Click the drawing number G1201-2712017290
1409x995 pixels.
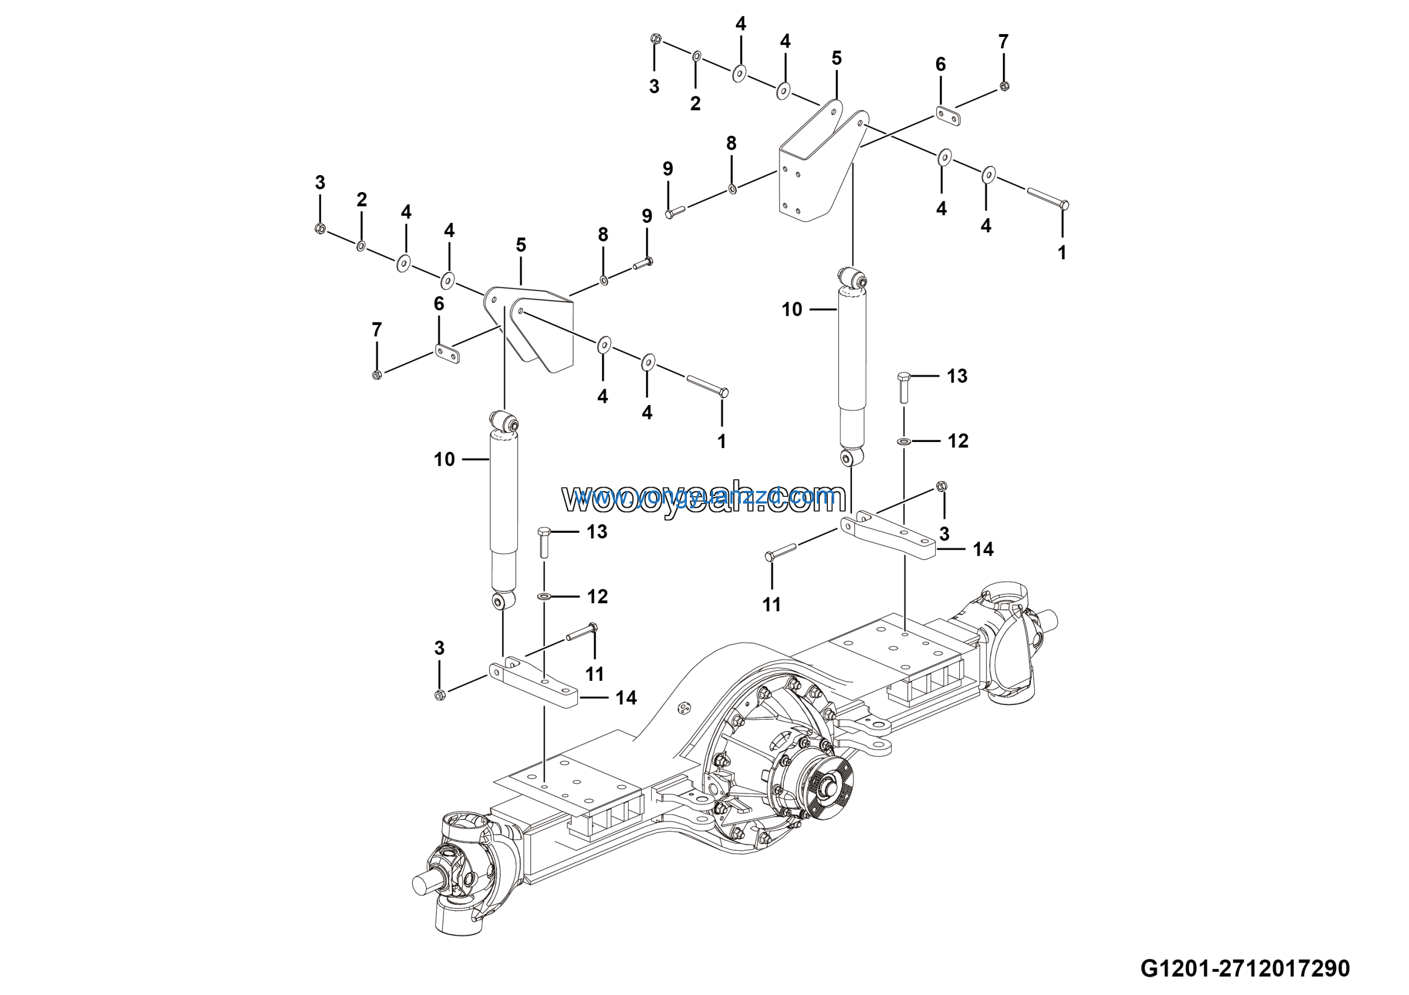[x=1244, y=968]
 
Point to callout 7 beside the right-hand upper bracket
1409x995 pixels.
[x=1003, y=42]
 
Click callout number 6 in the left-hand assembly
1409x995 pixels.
[x=439, y=304]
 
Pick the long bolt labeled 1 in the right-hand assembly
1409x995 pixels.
[x=1048, y=198]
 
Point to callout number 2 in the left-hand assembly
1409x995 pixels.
[x=362, y=199]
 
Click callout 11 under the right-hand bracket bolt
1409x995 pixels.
[x=772, y=605]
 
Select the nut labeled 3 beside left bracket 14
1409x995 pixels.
[x=439, y=695]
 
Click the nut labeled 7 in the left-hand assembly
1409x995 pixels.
[x=377, y=374]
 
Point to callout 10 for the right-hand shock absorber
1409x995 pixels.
[x=791, y=310]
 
